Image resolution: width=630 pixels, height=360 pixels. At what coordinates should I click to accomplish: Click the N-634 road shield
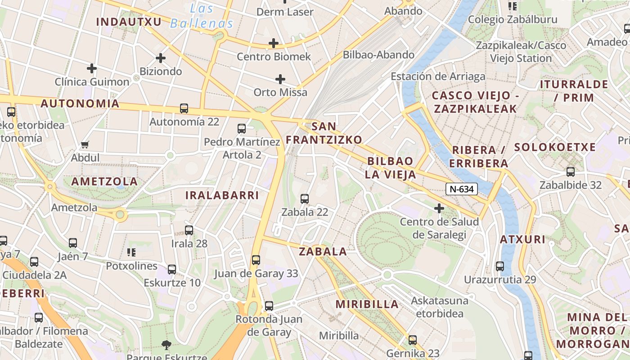coord(462,189)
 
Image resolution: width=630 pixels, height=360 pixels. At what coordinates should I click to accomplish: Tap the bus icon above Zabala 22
coord(305,198)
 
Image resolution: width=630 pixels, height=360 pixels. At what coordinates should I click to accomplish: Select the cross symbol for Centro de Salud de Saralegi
coord(439,208)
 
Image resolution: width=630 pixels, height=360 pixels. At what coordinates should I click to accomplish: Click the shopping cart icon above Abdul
coord(85,144)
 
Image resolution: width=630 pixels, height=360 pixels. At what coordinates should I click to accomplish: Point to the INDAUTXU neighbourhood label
coord(129,21)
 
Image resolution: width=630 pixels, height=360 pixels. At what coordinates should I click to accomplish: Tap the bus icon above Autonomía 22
coord(184,108)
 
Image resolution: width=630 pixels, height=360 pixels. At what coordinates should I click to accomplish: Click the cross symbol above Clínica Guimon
coord(92,68)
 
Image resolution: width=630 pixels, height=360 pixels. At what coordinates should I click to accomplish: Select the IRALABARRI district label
coord(222,195)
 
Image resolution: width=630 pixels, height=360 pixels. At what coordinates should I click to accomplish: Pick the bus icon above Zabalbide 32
coord(571,171)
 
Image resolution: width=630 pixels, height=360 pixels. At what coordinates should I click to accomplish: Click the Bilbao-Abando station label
coord(378,55)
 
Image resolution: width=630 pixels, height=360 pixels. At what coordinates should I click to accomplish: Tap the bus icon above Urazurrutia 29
coord(500,266)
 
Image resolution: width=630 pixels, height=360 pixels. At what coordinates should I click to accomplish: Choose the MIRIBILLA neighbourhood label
coord(367,304)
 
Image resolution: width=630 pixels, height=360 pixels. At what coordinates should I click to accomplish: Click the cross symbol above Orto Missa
coord(280,79)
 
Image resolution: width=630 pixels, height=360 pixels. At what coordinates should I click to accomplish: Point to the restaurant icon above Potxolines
coord(131,252)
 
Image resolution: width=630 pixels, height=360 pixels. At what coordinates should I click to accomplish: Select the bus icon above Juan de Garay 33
coord(256,260)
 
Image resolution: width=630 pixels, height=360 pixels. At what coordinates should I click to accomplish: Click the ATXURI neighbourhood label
coord(523,239)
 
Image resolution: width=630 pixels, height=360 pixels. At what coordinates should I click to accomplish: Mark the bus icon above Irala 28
coord(189,230)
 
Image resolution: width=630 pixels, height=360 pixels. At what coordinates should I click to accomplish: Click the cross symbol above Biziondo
coord(161,58)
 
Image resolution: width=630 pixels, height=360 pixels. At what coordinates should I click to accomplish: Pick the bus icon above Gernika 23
coord(413,340)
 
